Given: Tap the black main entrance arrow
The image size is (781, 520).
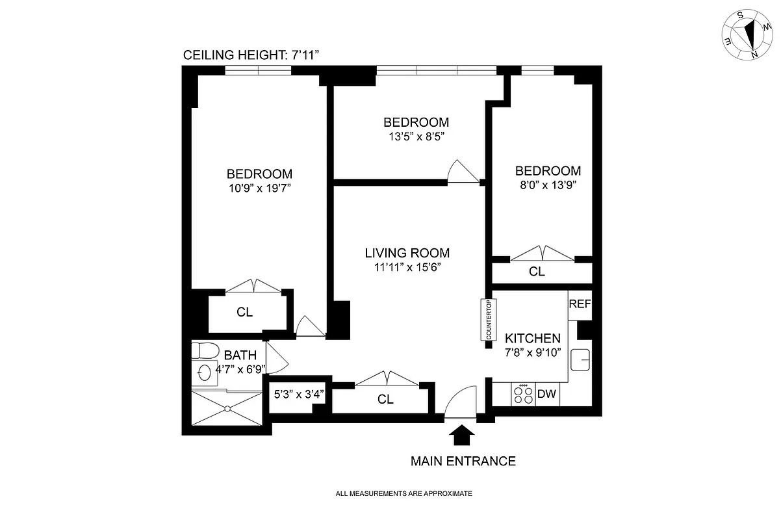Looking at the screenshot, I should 462,435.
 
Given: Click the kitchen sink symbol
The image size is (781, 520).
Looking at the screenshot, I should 580,359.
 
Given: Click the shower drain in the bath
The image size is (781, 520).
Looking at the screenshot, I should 227,408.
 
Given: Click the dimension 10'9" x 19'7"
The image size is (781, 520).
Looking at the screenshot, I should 259,188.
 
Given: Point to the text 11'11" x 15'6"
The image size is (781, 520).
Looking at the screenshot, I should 407,266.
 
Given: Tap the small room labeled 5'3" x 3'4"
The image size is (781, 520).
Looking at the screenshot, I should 296,393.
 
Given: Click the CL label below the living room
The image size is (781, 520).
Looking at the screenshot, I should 385,400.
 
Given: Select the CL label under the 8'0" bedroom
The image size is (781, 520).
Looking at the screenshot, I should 537,272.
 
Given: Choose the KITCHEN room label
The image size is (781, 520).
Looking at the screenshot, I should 533,338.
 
